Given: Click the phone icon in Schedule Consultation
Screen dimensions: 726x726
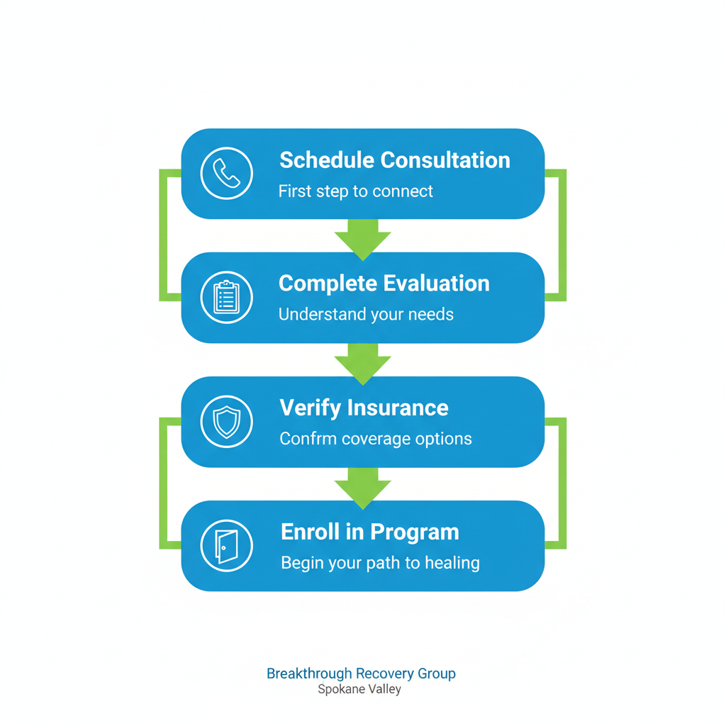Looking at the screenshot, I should (227, 174).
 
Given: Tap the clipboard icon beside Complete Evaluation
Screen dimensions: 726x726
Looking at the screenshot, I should (227, 298).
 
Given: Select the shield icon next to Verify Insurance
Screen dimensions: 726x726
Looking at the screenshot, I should (227, 422).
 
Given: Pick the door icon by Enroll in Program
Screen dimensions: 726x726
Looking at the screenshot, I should (227, 546).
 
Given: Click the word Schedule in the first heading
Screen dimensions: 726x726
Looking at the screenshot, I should (325, 160).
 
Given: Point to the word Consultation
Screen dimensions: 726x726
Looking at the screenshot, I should (445, 160).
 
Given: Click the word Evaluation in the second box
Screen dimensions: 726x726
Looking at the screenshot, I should (436, 284).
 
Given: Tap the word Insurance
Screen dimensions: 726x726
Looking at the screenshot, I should (398, 408).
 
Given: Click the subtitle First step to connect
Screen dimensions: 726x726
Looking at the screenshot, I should (355, 191).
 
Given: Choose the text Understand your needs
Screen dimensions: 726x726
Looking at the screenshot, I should (366, 314).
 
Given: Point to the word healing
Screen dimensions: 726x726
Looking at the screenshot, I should (452, 563).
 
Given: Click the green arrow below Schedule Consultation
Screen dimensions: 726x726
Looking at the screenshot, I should (363, 238).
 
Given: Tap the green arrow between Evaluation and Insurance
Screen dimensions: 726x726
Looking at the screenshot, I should (363, 362).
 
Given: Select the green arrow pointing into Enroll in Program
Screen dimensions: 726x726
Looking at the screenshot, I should (363, 486).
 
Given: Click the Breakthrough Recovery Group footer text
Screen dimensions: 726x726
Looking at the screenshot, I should (361, 674).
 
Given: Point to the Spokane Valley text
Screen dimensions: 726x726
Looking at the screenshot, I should (359, 689).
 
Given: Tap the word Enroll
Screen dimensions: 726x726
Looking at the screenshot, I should (307, 532).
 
